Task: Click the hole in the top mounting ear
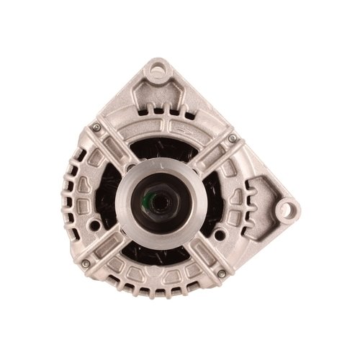click(x=157, y=71)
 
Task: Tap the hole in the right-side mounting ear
click(x=287, y=210)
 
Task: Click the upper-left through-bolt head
click(x=96, y=127)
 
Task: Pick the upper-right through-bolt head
click(x=232, y=138)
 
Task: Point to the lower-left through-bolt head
click(x=86, y=263)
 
